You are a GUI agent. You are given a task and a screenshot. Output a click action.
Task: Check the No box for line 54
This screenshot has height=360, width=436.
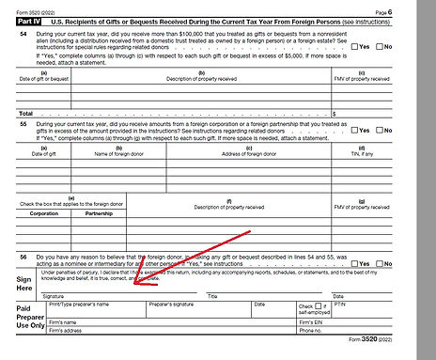point(380,45)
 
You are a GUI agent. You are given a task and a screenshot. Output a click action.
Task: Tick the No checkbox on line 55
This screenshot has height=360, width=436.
point(380,131)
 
